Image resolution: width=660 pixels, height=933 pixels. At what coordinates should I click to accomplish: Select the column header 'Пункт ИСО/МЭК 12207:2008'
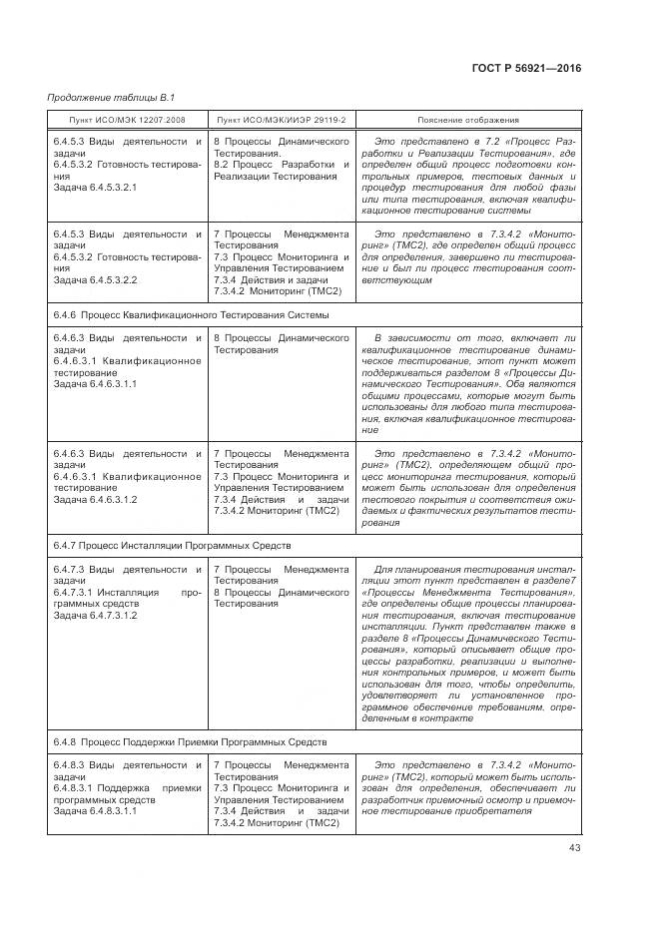pyautogui.click(x=128, y=120)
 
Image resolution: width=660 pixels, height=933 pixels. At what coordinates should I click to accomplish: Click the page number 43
pyautogui.click(x=574, y=848)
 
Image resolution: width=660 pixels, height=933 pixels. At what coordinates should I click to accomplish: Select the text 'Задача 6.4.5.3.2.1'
pyautogui.click(x=95, y=188)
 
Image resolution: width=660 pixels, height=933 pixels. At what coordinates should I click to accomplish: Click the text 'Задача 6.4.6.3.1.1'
pyautogui.click(x=95, y=383)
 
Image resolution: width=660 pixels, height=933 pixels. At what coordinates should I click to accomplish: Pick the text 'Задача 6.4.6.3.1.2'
pyautogui.click(x=95, y=499)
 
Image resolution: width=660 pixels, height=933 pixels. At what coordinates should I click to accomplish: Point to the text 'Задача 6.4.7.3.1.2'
pyautogui.click(x=95, y=616)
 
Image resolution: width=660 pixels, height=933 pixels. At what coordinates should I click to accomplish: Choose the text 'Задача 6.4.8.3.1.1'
pyautogui.click(x=95, y=811)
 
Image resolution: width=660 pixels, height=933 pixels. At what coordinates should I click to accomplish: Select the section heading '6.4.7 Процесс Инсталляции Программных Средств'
pyautogui.click(x=171, y=546)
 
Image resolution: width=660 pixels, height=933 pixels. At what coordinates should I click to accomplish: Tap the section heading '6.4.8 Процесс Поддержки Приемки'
pyautogui.click(x=190, y=743)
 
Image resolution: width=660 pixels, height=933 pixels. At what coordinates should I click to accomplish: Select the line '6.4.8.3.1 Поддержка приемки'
pyautogui.click(x=127, y=788)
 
